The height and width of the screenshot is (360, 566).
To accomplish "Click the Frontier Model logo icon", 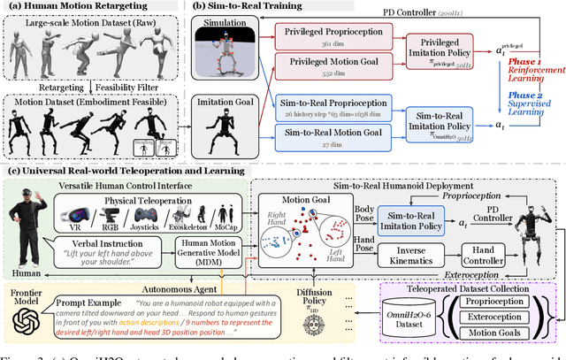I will click(26, 329).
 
